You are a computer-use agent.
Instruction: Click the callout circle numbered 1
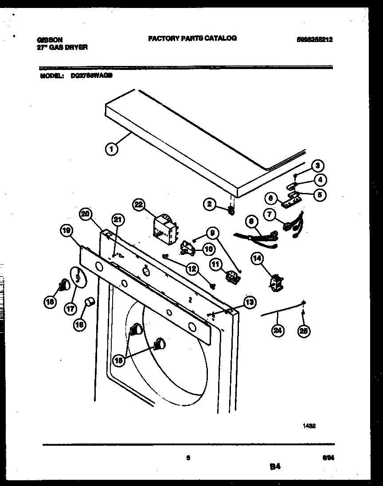coord(112,150)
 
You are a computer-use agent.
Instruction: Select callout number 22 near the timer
coord(139,204)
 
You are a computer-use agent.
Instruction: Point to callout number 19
coord(66,230)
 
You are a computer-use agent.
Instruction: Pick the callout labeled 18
coord(50,302)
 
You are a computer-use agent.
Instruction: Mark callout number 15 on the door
coord(118,360)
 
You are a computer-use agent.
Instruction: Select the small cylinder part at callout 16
coord(90,302)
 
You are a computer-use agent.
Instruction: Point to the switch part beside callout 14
coord(276,282)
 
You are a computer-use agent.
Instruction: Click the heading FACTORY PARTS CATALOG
coord(192,39)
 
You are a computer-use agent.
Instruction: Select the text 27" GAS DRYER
coord(62,47)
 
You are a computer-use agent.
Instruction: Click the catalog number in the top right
coord(314,39)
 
